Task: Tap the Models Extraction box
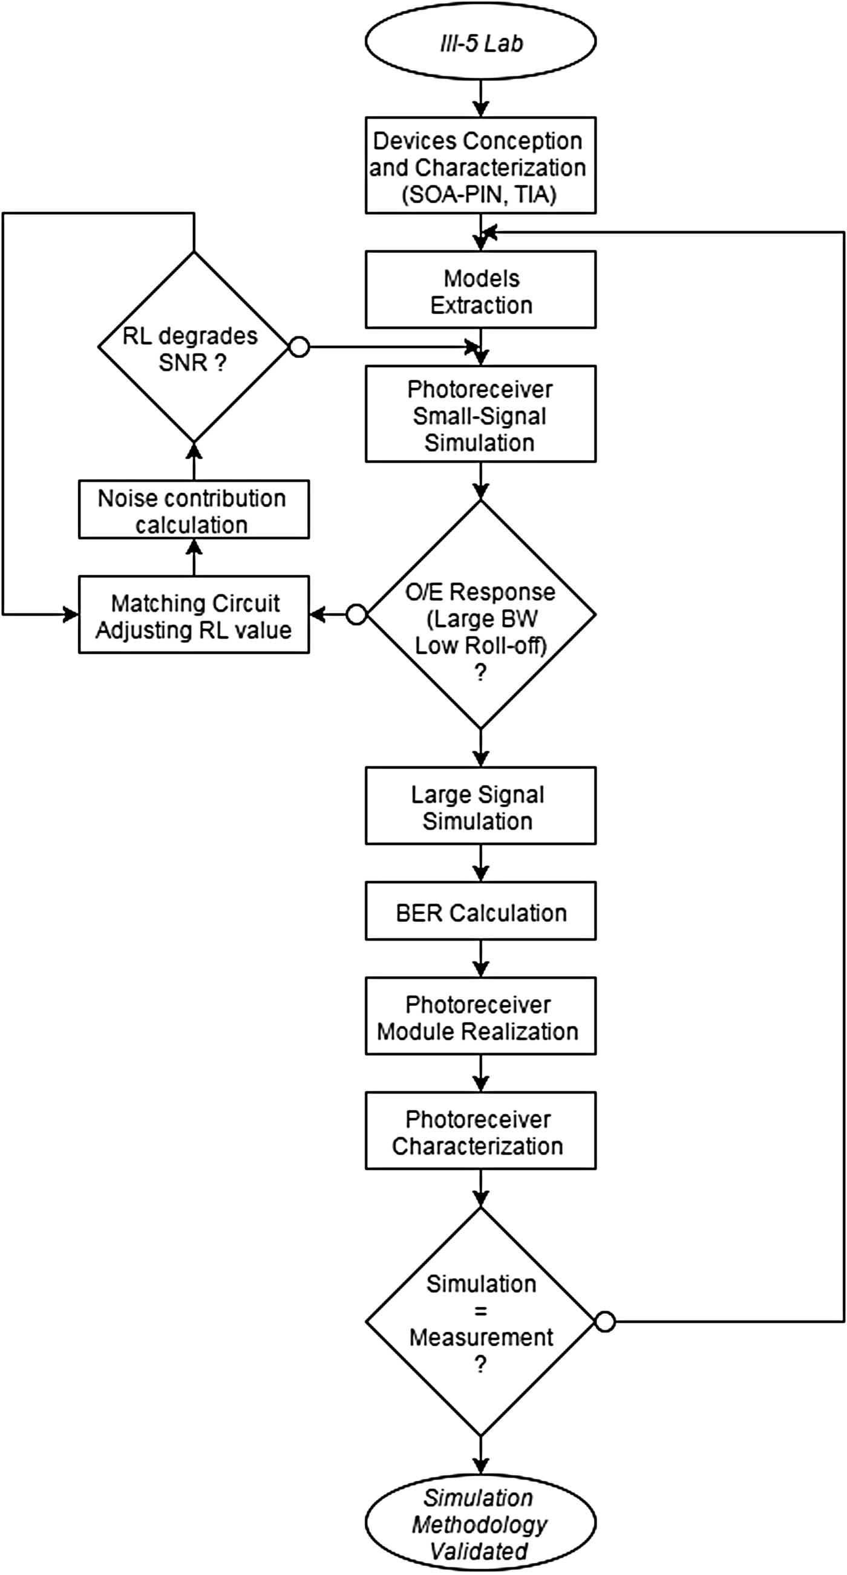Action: click(x=481, y=290)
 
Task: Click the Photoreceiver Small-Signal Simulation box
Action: click(x=481, y=414)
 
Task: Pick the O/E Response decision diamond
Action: click(x=481, y=615)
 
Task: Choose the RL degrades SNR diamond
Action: click(x=193, y=347)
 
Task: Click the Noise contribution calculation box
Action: click(x=193, y=509)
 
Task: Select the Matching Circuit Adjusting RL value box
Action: click(x=193, y=615)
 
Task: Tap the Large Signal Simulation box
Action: click(x=481, y=806)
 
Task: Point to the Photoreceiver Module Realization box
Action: click(x=481, y=1016)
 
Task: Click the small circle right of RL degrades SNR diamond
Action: click(x=298, y=347)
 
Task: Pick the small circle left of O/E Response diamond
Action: click(x=356, y=615)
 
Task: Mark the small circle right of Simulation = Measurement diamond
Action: click(x=605, y=1322)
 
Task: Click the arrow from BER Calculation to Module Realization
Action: click(x=481, y=959)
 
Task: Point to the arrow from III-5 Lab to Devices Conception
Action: click(x=481, y=99)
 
